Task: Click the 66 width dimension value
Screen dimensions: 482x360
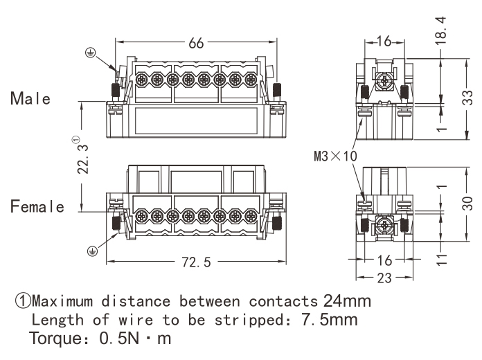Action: point(196,43)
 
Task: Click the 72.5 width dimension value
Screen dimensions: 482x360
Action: point(197,262)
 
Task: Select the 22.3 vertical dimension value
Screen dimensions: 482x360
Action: point(82,159)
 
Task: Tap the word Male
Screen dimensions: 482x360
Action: point(30,98)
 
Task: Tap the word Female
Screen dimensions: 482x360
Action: point(37,206)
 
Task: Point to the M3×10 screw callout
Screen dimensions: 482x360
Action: point(335,156)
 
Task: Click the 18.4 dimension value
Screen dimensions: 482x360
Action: point(441,30)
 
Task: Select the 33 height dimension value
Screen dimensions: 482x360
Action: point(467,98)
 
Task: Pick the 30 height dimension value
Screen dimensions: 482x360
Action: point(467,203)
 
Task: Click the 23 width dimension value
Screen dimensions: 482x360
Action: point(384,278)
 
